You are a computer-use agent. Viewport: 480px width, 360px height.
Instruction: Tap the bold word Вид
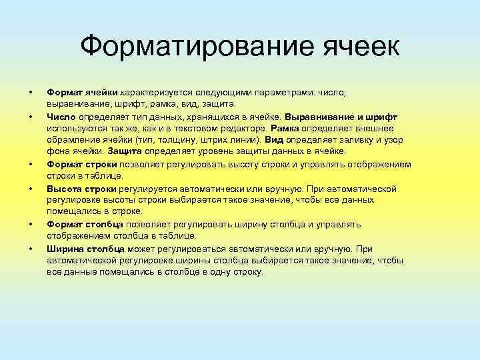pyautogui.click(x=274, y=140)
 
